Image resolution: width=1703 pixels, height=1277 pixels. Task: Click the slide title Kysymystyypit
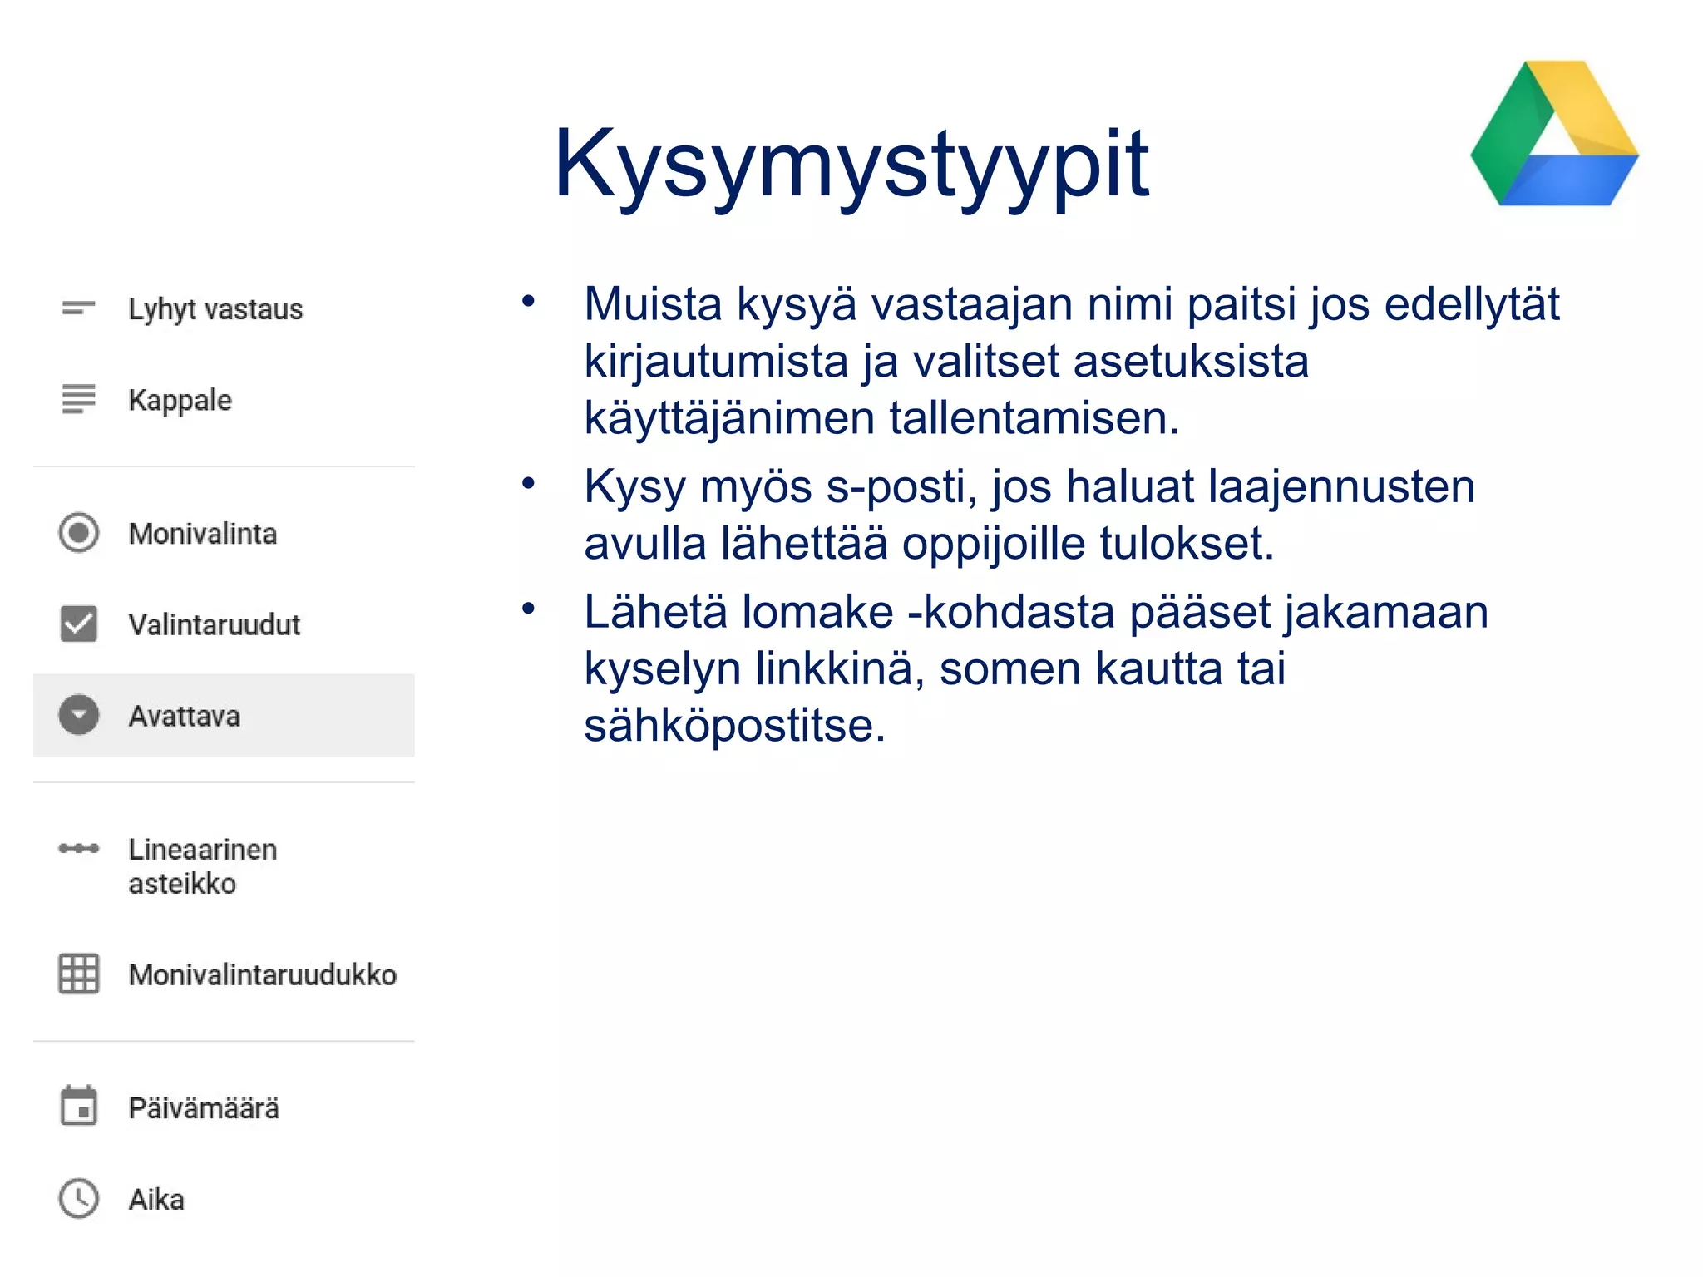coord(851,165)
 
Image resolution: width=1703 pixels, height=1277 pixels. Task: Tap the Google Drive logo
coord(1553,136)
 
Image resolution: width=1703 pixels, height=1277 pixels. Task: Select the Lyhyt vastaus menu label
coord(215,309)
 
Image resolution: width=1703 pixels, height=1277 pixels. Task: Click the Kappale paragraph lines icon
coord(79,399)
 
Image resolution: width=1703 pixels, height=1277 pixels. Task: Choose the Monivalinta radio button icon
coord(79,533)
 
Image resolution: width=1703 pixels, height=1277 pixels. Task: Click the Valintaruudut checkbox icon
coord(79,624)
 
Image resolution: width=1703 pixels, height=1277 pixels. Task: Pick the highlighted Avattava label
coord(185,716)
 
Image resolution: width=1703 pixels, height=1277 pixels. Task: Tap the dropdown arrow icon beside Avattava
coord(79,715)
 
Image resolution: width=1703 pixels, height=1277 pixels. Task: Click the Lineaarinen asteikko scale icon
coord(79,849)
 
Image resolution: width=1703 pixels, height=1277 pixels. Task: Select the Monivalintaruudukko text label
coord(263,974)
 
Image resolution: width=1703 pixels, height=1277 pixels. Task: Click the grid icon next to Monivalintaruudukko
coord(79,974)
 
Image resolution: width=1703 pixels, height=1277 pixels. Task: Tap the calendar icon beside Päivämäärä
coord(79,1107)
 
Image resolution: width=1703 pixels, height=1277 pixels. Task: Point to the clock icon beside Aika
coord(79,1199)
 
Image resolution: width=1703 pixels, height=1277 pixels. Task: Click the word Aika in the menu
coord(156,1200)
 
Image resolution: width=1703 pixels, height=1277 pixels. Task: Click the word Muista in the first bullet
coord(653,304)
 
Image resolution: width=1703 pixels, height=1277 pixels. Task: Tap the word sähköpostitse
coord(735,725)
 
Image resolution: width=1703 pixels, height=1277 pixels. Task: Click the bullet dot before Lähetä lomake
coord(528,609)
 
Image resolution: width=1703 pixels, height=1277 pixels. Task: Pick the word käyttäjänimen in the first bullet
coord(728,418)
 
